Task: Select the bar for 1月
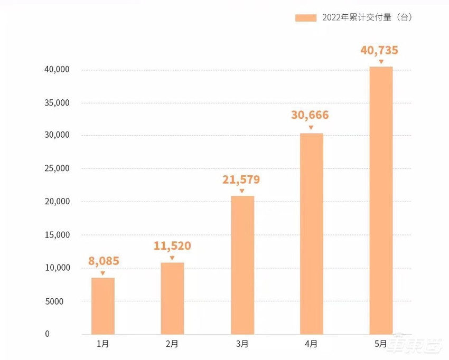click(102, 306)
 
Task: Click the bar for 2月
click(172, 298)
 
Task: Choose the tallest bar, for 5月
click(381, 200)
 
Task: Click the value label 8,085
click(103, 260)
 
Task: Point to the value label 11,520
click(172, 245)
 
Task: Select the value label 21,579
click(241, 179)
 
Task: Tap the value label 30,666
click(310, 115)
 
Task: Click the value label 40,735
click(379, 51)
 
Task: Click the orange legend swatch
click(305, 17)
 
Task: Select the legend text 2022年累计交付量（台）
click(366, 17)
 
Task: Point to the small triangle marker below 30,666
click(311, 127)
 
